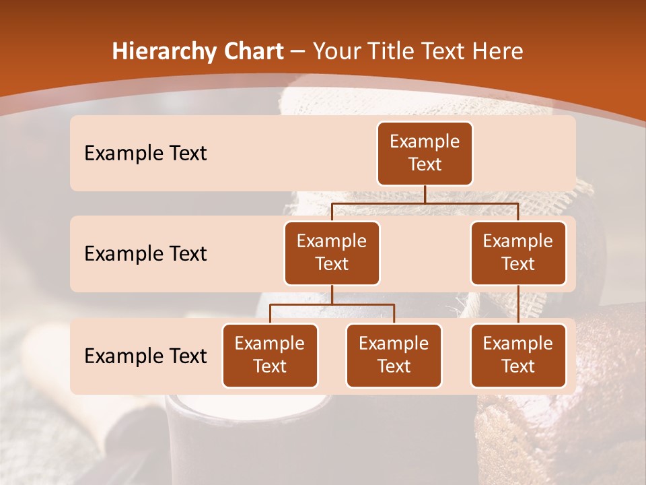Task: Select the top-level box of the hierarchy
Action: click(425, 153)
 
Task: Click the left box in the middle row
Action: click(332, 253)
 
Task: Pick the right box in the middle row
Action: click(518, 253)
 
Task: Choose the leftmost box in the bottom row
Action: click(270, 355)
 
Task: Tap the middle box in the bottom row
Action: click(394, 355)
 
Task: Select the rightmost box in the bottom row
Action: click(518, 355)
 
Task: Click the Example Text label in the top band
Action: click(145, 153)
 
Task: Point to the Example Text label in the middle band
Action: click(145, 253)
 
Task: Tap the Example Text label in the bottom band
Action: click(145, 356)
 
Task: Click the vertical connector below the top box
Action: click(425, 194)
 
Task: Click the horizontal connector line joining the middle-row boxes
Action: click(425, 203)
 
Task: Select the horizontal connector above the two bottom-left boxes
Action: click(332, 304)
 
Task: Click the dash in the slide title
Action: click(297, 51)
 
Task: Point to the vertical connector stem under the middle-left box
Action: click(332, 294)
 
